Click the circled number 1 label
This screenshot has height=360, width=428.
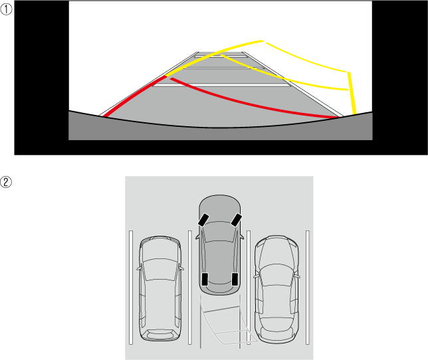coord(6,9)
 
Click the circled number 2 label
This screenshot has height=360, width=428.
coord(6,182)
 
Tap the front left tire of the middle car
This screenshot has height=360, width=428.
coord(203,220)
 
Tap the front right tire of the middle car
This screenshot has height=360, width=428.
coord(237,220)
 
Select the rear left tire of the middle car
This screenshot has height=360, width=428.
coord(205,279)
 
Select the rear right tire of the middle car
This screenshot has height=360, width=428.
coord(235,279)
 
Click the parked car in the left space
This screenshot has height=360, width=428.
coord(160,288)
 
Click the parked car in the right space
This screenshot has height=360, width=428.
coord(276,289)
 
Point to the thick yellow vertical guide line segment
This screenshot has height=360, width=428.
coord(352,93)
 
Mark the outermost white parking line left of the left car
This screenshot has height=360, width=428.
coord(131,288)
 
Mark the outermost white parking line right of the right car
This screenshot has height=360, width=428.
coord(308,288)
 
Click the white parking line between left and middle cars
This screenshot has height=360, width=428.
coord(189,288)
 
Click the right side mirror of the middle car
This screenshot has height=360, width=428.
coord(241,236)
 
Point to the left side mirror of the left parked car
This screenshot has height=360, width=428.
coord(138,269)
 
